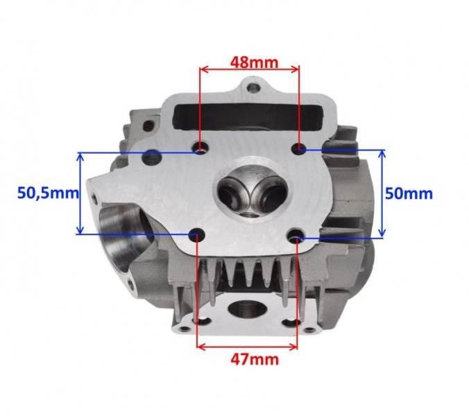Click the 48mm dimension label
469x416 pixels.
click(254, 62)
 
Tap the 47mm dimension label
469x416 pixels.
click(254, 360)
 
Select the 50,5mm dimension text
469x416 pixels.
click(48, 193)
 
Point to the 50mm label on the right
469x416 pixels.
click(409, 193)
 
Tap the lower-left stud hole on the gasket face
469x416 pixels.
click(197, 234)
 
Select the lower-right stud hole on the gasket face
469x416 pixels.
click(297, 234)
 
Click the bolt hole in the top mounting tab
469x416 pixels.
click(254, 88)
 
